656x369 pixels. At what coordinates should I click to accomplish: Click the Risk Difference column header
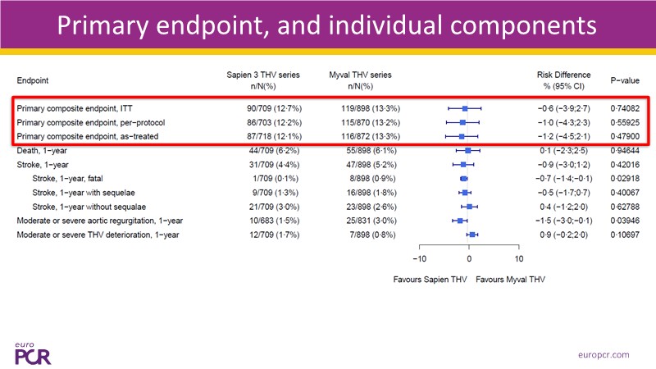click(563, 80)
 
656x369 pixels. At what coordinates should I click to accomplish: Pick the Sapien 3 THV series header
click(263, 80)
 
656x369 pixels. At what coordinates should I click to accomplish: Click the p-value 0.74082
click(624, 107)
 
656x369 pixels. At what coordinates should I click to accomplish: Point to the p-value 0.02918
click(624, 178)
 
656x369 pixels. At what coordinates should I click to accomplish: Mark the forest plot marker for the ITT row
click(465, 107)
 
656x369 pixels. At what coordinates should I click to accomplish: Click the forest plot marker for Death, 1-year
click(468, 150)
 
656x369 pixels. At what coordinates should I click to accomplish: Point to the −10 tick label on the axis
click(418, 257)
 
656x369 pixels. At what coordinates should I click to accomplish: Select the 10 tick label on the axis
click(519, 257)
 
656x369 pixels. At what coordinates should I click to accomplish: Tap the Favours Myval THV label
click(511, 279)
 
